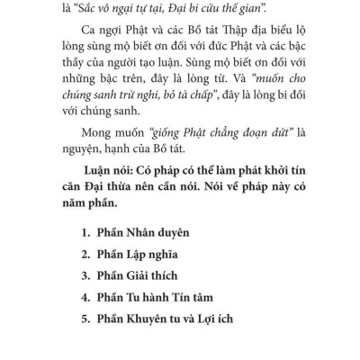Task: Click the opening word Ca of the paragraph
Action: pyautogui.click(x=90, y=38)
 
